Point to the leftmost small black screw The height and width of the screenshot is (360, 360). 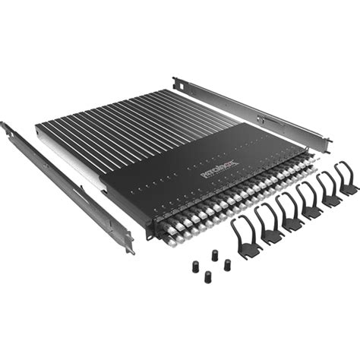click(x=194, y=266)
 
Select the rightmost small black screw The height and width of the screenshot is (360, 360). click(x=227, y=264)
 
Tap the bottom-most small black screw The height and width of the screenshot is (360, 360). click(x=207, y=277)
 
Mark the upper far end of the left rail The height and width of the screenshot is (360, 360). click(x=6, y=128)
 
